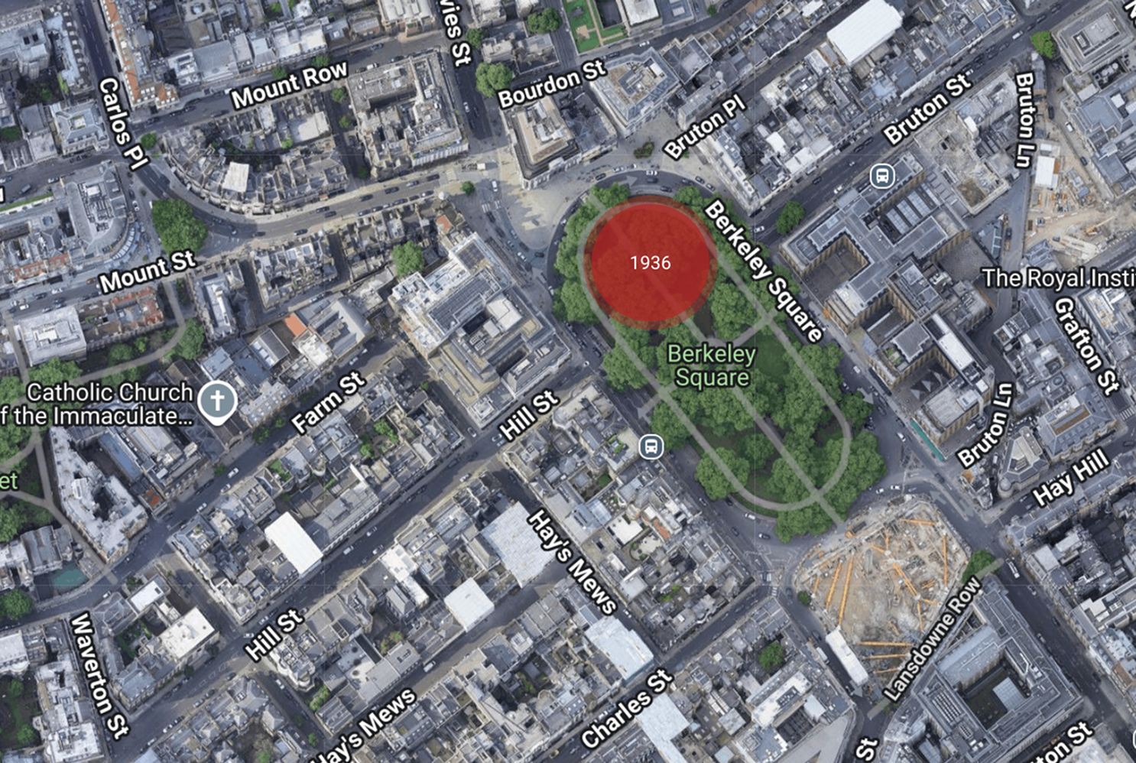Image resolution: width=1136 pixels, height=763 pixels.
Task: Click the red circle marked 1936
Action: click(651, 262)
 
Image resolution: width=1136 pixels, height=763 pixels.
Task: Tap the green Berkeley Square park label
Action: click(712, 365)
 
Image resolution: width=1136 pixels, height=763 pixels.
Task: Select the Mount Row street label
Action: click(289, 85)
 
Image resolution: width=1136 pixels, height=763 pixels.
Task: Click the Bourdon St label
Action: click(551, 85)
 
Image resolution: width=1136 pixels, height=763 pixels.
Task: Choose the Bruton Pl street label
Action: click(704, 126)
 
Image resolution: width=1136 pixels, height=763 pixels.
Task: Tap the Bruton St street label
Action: click(927, 109)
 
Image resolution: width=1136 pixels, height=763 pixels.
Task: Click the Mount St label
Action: click(148, 272)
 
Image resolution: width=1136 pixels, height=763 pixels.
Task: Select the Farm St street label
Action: click(328, 402)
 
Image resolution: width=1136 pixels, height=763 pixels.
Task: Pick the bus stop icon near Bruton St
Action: click(882, 176)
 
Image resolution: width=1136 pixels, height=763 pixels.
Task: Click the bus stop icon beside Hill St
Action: click(651, 446)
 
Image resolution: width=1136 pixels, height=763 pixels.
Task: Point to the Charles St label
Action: click(626, 709)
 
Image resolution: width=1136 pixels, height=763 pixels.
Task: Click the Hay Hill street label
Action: click(1070, 477)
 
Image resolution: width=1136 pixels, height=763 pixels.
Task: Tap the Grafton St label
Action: click(1086, 345)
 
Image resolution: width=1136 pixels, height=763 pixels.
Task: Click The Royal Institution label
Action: click(1058, 278)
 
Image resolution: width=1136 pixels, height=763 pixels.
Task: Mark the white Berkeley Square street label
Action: click(762, 271)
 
